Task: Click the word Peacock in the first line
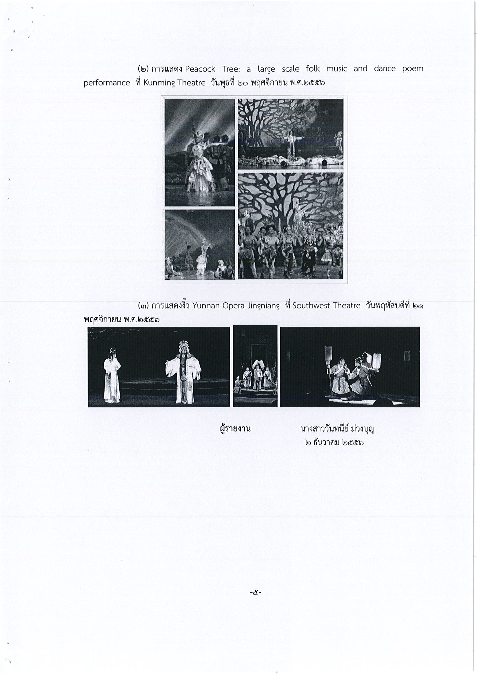pyautogui.click(x=200, y=69)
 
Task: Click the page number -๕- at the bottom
pyautogui.click(x=256, y=593)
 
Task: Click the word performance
pyautogui.click(x=107, y=83)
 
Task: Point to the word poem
pyautogui.click(x=413, y=69)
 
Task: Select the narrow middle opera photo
pyautogui.click(x=255, y=366)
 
